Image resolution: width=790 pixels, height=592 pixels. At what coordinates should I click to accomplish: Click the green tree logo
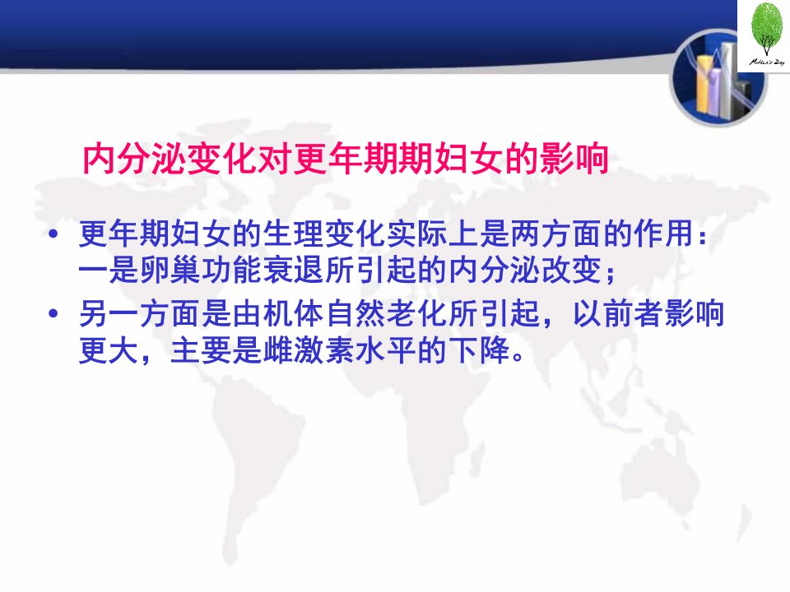[767, 29]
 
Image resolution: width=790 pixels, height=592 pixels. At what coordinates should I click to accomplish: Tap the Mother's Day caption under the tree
[767, 62]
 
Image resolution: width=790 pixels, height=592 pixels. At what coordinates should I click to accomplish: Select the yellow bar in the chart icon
[704, 86]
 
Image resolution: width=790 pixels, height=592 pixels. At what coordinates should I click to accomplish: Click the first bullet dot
[53, 234]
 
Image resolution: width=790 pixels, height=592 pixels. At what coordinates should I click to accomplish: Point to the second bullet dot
[53, 313]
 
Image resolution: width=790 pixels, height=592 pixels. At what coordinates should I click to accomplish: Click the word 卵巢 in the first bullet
[170, 271]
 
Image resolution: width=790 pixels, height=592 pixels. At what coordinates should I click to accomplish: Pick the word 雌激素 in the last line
[309, 350]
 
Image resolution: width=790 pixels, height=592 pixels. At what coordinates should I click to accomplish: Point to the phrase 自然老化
[387, 313]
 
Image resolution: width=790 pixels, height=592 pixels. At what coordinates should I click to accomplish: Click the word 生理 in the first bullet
[294, 234]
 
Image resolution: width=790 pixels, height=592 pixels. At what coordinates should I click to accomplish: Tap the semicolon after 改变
[611, 273]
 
